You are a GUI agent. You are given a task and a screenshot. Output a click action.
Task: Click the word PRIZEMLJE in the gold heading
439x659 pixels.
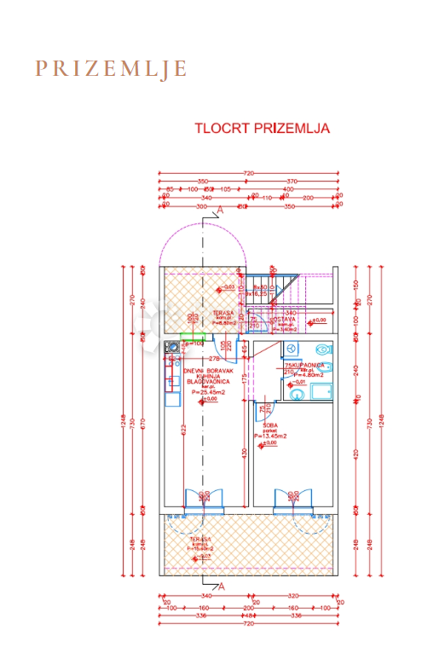(111, 69)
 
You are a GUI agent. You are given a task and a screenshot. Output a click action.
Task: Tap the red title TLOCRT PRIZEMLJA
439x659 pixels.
(262, 129)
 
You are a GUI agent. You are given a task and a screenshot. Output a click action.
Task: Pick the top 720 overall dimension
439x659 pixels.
(249, 174)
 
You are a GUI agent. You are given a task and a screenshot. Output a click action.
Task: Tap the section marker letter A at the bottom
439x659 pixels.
(221, 587)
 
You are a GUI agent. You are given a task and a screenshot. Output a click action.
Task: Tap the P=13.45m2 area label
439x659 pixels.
(272, 436)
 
